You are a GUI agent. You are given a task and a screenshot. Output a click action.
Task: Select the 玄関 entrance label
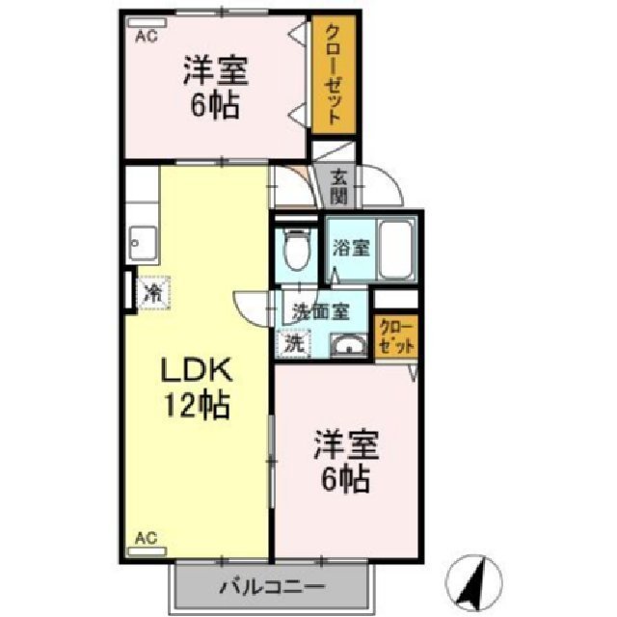click(x=338, y=186)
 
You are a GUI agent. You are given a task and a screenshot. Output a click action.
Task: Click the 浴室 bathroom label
click(x=349, y=248)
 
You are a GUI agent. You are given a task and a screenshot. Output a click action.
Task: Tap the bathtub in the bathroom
click(x=397, y=249)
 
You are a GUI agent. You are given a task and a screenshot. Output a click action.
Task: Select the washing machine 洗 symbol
click(x=293, y=340)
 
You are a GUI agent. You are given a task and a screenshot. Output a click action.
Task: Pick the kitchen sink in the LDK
click(x=144, y=241)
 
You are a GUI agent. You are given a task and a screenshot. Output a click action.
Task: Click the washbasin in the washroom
click(x=344, y=344)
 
